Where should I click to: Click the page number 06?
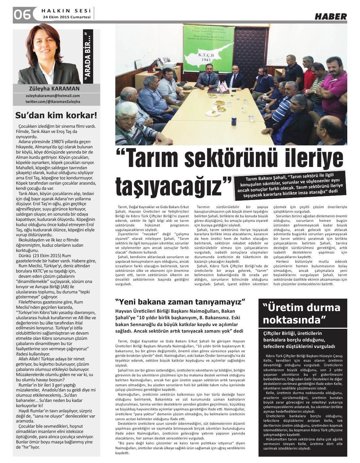coord(22,15)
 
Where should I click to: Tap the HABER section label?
coord(330,16)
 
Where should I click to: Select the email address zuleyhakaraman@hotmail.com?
coord(53,96)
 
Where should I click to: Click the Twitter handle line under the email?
coord(53,101)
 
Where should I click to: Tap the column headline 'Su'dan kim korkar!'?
coord(56,115)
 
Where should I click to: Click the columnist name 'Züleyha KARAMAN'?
coord(54,89)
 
